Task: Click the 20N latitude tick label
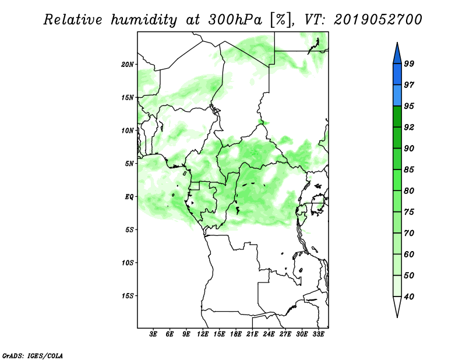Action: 128,65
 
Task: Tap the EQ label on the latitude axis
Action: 129,197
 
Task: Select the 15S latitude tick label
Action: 128,296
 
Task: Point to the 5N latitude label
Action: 129,164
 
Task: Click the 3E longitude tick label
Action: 153,334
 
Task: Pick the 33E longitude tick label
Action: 318,334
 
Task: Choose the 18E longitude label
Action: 236,334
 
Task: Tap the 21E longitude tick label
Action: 252,334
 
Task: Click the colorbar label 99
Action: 409,63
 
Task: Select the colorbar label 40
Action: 409,297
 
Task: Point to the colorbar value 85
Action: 409,170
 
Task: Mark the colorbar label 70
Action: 409,233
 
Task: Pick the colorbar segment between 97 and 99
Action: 397,75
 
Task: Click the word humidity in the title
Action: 144,20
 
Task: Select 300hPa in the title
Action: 235,20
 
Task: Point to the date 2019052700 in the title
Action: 377,20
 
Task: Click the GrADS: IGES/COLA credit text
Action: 33,356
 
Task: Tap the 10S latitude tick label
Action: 128,263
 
